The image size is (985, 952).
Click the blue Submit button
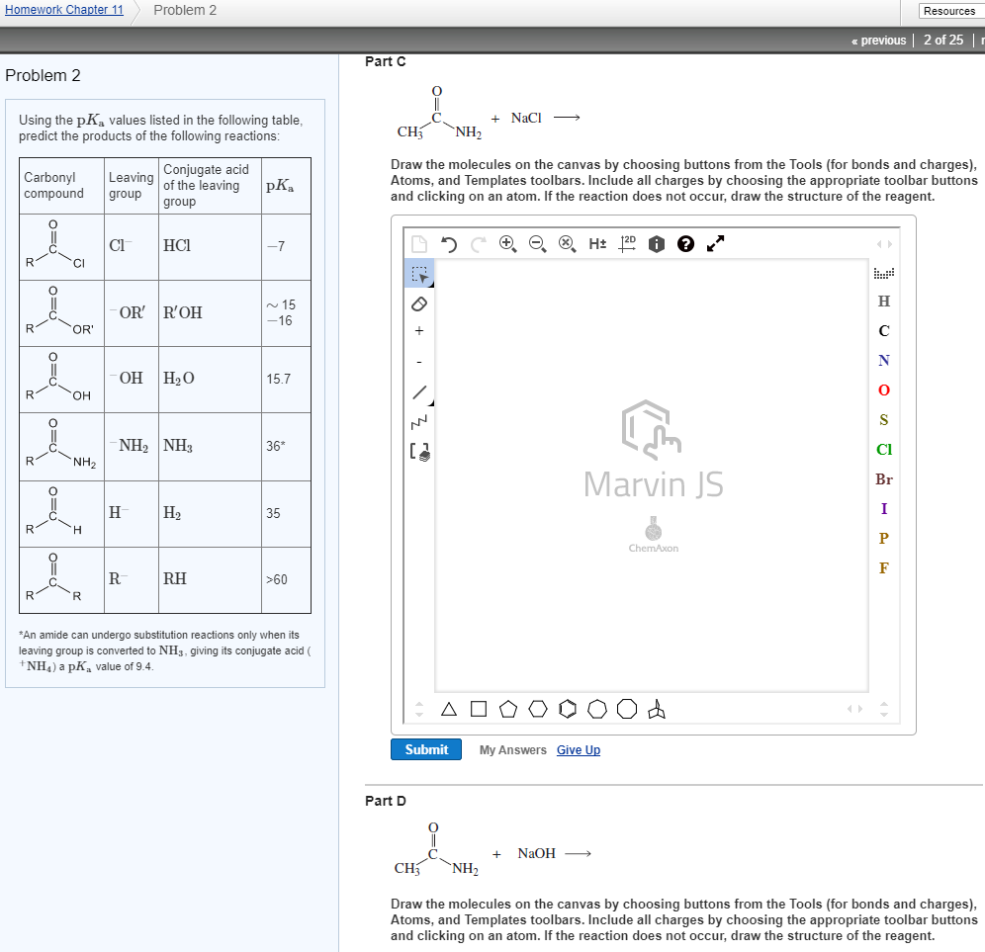(426, 749)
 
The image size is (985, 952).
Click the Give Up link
(579, 750)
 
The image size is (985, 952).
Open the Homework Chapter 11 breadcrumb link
(62, 10)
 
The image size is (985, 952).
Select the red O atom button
(883, 390)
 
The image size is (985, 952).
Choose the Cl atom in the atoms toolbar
(883, 450)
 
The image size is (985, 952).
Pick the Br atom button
(883, 479)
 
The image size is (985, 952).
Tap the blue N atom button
(883, 361)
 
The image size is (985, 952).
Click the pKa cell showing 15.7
(277, 379)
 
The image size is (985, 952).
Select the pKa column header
(280, 186)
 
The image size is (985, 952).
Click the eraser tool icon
(419, 303)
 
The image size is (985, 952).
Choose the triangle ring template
(450, 709)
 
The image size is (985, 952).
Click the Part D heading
(386, 801)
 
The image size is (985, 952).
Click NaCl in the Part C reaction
(526, 118)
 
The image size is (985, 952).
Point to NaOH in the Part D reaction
(537, 853)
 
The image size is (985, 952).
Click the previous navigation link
(879, 40)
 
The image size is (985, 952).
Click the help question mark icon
(685, 243)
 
